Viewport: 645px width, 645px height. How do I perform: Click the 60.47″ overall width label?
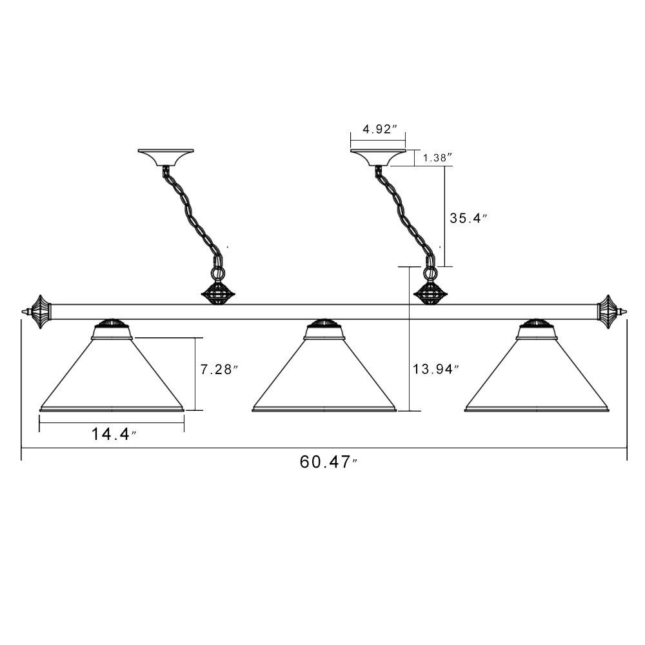click(328, 462)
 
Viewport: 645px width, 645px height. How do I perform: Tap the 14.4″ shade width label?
click(114, 434)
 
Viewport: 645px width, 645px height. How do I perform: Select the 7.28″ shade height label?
click(219, 370)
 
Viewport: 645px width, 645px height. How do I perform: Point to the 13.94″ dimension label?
click(435, 369)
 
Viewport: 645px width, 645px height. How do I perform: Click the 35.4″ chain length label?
click(468, 218)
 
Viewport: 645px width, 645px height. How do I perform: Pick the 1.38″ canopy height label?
click(438, 157)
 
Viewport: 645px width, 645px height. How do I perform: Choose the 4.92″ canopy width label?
click(379, 129)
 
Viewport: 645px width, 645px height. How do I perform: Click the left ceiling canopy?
click(165, 157)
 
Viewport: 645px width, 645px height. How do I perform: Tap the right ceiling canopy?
click(378, 157)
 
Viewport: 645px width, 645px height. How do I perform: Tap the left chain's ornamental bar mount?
click(218, 293)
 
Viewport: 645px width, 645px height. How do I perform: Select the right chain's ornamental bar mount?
click(431, 293)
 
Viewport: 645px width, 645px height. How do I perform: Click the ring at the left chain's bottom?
click(218, 273)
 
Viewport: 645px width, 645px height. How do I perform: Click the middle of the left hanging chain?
click(192, 214)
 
